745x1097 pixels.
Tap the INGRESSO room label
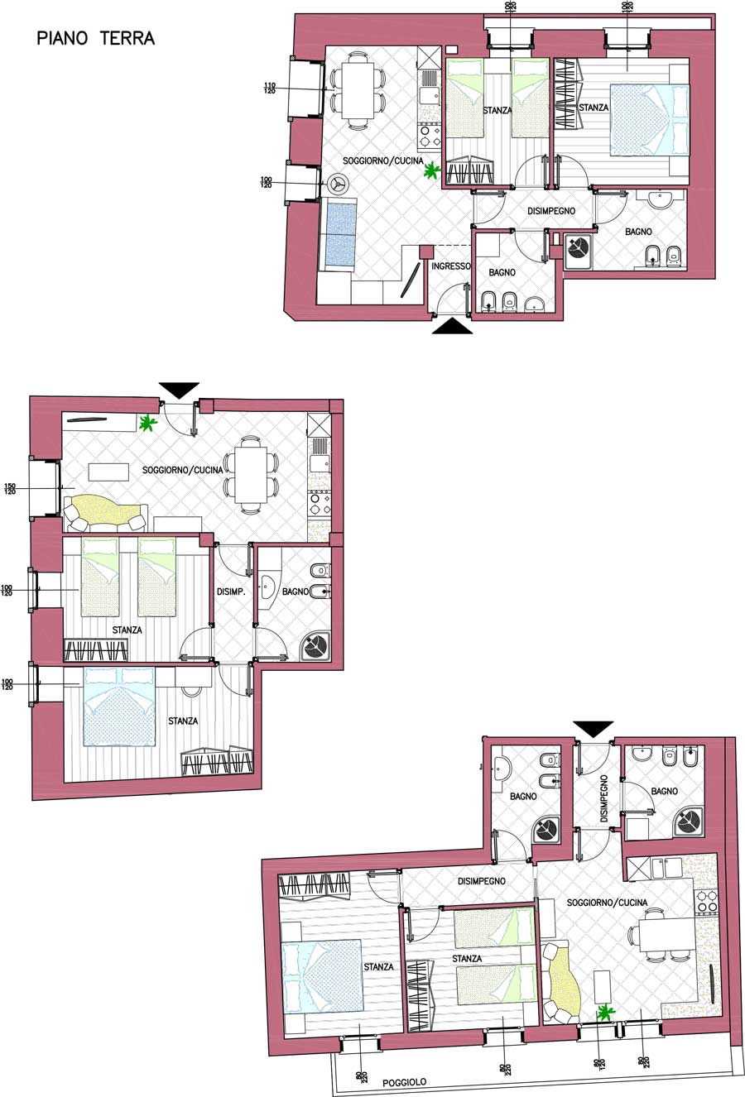click(450, 266)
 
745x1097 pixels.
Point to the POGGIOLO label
click(404, 1082)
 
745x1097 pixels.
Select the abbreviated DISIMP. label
click(231, 592)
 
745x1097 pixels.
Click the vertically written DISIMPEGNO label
click(603, 798)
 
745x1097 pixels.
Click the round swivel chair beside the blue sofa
click(338, 184)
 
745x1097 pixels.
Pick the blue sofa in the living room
click(339, 236)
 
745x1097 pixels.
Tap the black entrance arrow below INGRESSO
click(452, 326)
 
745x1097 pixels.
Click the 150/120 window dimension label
click(10, 489)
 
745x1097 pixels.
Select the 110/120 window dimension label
click(269, 89)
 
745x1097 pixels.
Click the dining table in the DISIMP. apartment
click(251, 475)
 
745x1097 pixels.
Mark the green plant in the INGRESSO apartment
click(432, 171)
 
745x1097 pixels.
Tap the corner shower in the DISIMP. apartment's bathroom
click(315, 646)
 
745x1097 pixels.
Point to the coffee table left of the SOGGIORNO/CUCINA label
click(108, 472)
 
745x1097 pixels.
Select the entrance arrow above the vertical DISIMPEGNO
click(593, 729)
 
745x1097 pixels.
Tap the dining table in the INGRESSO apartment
click(358, 89)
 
